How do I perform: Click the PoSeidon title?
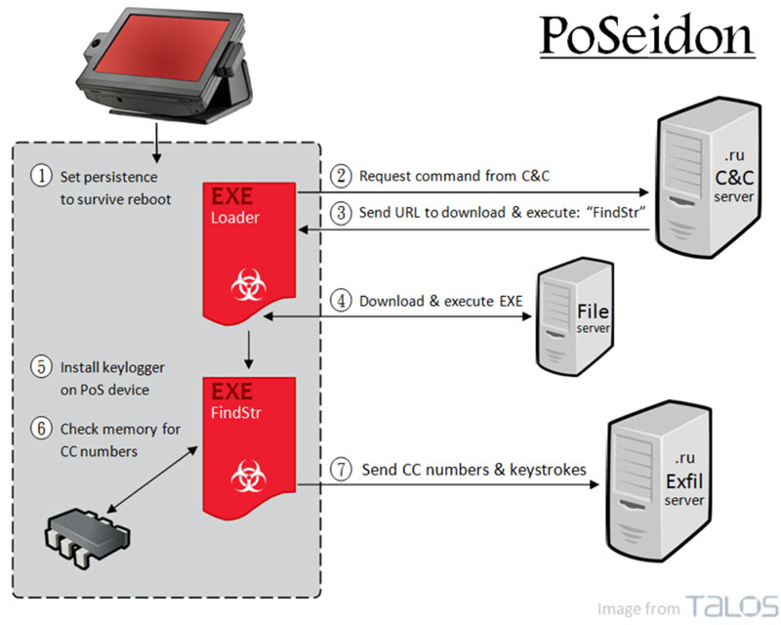coord(647,35)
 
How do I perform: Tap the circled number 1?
coord(41,176)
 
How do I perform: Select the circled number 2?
coord(341,176)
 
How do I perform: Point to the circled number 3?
coord(341,213)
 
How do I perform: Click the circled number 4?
coord(341,301)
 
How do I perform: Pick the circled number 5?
coord(41,367)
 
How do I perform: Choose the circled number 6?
coord(41,429)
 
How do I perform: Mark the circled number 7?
coord(341,470)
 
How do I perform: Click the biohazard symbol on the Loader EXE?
coord(249,284)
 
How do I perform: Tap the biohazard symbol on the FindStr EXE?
coord(249,476)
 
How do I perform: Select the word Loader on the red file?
coord(235,218)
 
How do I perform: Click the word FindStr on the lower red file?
coord(236,413)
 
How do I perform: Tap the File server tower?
coord(574,316)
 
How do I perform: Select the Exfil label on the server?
coord(684,481)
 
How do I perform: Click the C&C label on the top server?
coord(734,178)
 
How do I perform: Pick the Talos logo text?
coord(731,606)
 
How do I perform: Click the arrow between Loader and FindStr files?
coord(249,350)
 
